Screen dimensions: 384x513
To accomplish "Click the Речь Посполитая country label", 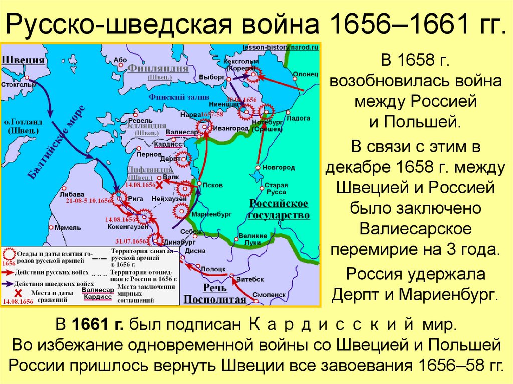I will coord(215,294).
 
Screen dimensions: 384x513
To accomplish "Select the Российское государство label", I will coord(279,209).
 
